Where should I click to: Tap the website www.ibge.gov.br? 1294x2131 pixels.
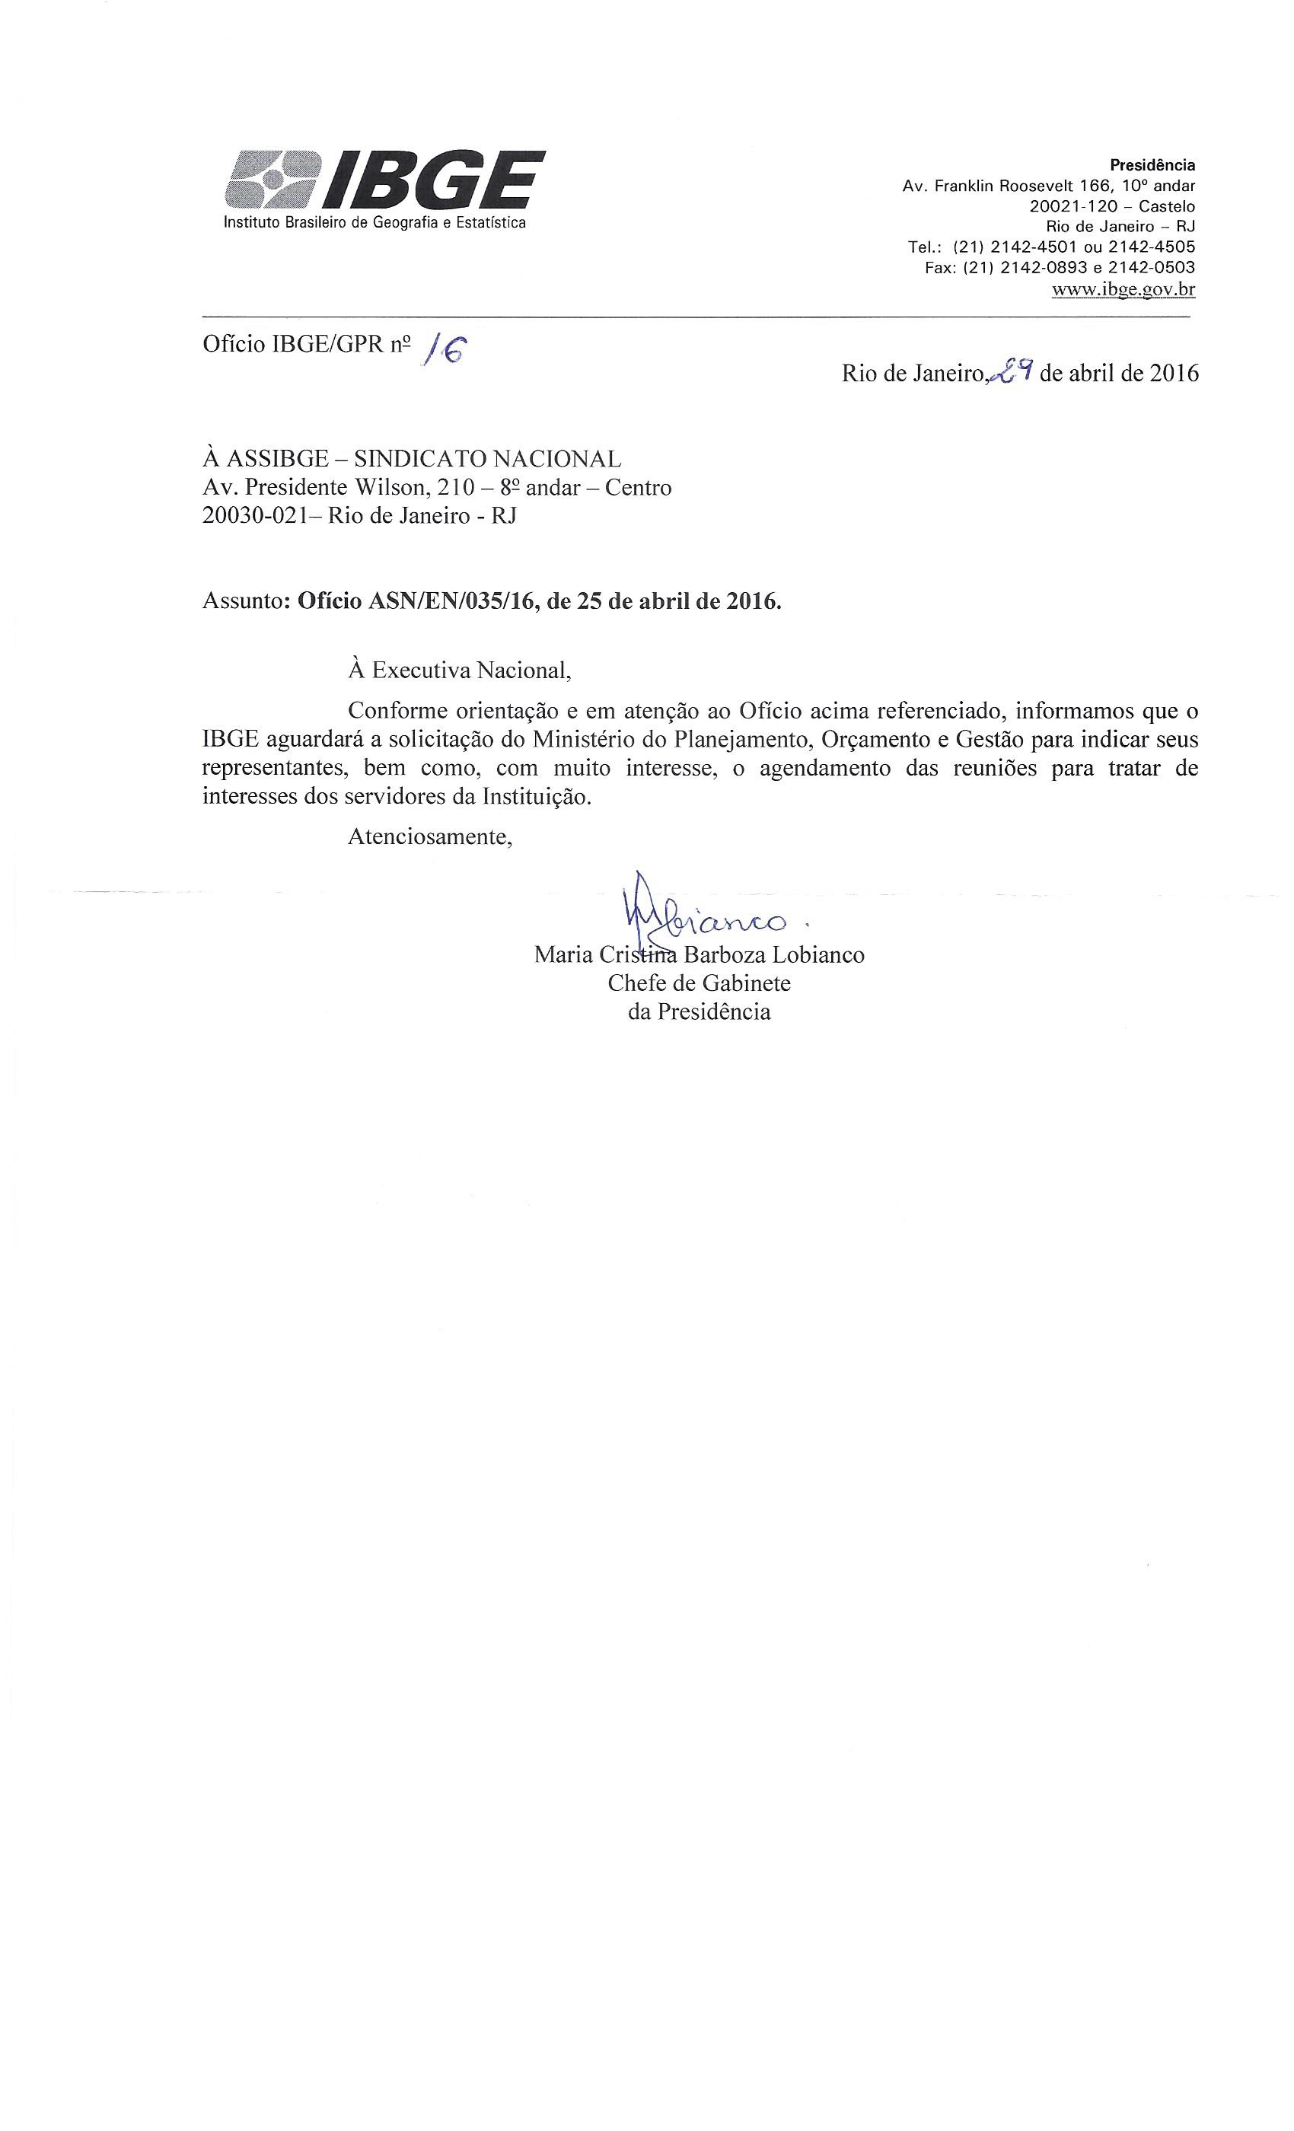[1123, 290]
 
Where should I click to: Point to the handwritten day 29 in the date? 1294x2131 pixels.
[1011, 371]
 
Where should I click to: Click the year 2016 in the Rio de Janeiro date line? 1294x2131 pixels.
[1172, 374]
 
